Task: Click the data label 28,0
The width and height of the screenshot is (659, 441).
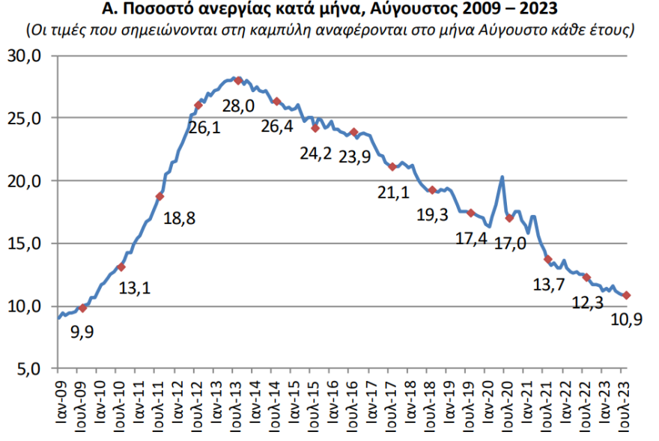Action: [238, 106]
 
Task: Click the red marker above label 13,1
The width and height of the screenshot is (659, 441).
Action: [121, 267]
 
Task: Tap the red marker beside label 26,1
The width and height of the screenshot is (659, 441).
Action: [198, 105]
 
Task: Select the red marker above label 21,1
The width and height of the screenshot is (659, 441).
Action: [392, 166]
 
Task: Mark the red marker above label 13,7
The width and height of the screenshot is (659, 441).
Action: [547, 259]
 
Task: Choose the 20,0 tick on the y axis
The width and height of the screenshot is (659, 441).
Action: [33, 181]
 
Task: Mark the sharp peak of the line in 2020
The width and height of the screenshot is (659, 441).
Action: [501, 177]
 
